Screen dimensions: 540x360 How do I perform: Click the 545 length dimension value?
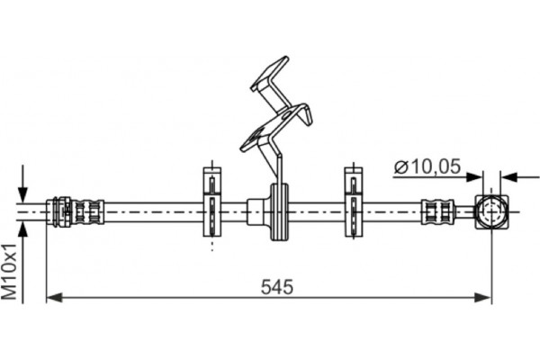coord(277,287)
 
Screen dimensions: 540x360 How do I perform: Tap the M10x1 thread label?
coord(9,272)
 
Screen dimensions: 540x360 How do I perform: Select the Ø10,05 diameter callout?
coord(427,166)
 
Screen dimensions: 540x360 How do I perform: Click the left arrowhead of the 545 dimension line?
coord(54,297)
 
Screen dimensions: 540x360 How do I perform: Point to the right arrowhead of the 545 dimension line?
coord(482,297)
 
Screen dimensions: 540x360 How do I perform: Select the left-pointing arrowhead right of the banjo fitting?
coord(509,177)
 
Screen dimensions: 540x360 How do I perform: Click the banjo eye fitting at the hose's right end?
coord(491,211)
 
